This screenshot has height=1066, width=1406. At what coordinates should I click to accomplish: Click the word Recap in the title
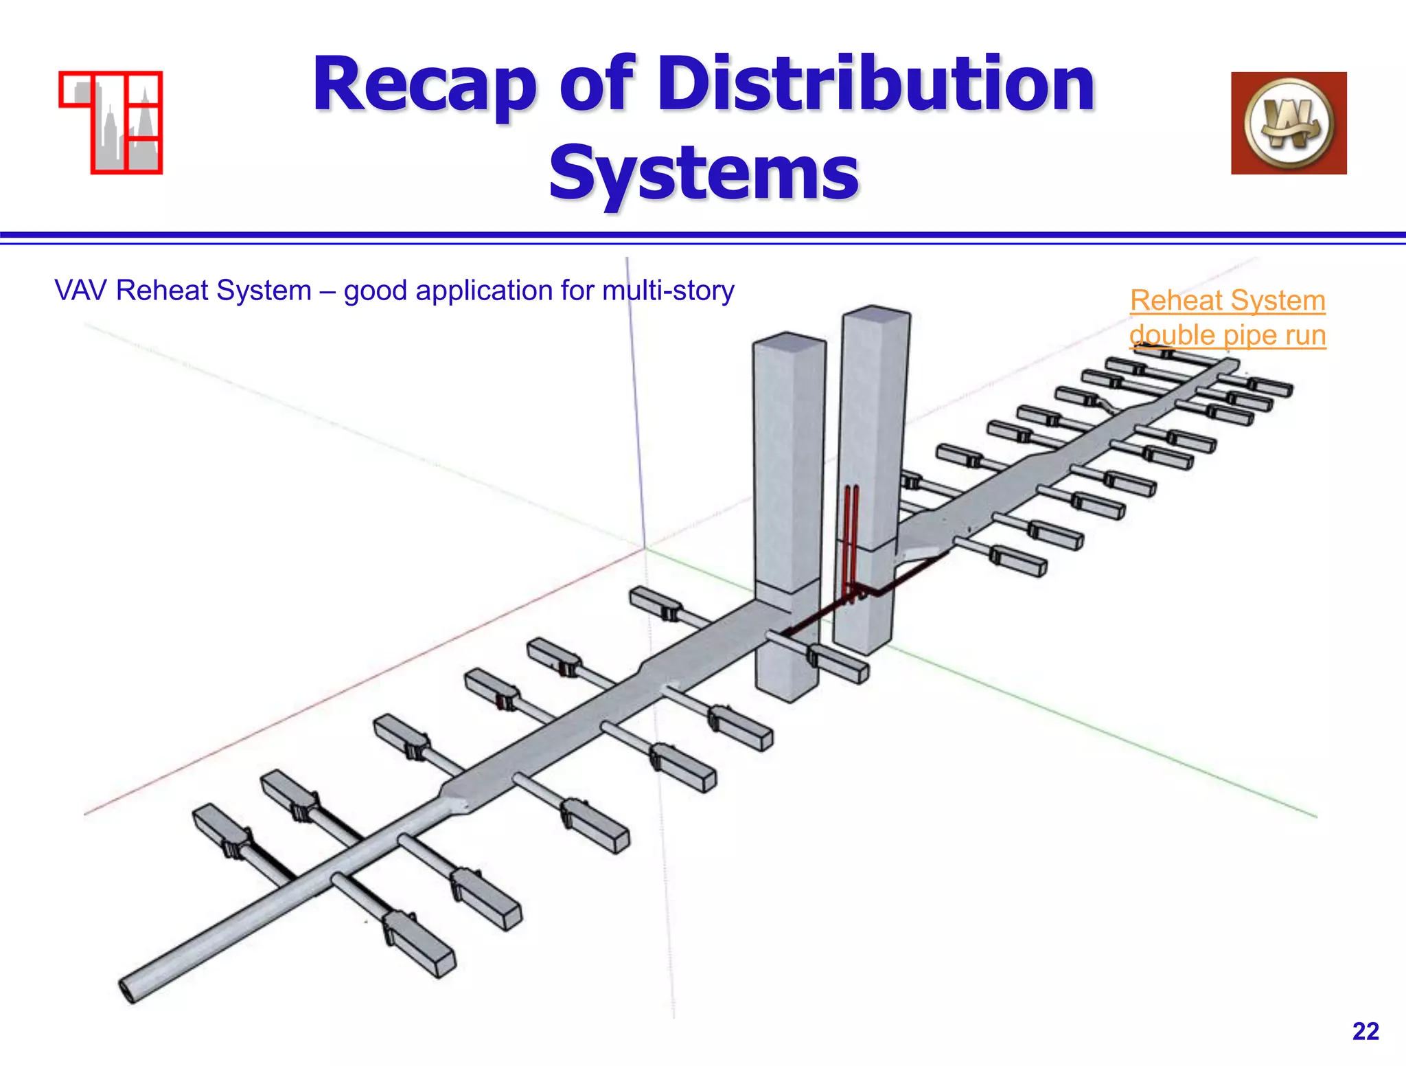tap(424, 86)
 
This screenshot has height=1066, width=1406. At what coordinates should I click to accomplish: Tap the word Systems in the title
tap(703, 173)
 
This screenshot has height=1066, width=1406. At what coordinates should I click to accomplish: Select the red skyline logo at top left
tap(111, 122)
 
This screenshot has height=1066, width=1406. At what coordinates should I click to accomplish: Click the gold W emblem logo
tap(1289, 123)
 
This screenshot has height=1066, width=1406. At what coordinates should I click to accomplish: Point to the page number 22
tap(1365, 1031)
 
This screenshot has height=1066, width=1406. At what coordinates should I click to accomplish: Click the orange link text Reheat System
tap(1228, 300)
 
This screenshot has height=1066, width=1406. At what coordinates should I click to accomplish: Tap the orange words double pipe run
tap(1228, 335)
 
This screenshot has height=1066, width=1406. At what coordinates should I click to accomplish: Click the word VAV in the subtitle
tap(81, 291)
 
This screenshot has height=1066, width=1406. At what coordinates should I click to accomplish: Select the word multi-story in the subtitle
tap(668, 291)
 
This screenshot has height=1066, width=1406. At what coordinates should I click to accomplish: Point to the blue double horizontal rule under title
tap(703, 238)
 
